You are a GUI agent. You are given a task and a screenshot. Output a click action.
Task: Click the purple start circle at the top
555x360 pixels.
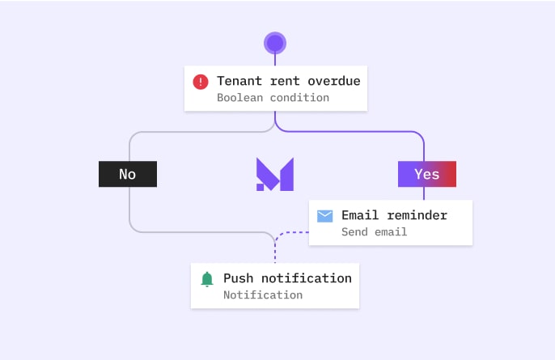pos(275,43)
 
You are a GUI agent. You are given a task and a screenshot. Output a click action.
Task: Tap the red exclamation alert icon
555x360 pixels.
pos(201,82)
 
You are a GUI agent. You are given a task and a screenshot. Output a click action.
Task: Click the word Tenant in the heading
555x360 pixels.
pos(239,81)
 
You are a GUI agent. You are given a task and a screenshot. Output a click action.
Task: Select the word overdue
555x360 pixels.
pos(334,81)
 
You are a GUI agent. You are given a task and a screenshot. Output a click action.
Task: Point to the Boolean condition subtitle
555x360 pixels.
pos(273,98)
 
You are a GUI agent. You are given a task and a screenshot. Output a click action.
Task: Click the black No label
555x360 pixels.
pos(128,174)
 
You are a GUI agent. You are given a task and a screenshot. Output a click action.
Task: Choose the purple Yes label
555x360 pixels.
pos(427,174)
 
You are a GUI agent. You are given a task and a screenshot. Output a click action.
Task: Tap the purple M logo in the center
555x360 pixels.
pos(275,174)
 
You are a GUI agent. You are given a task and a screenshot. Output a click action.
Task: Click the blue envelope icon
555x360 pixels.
pos(324,216)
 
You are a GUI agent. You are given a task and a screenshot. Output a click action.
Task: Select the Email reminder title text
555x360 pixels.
pos(394,215)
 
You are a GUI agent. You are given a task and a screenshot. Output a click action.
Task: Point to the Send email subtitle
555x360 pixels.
pos(374,232)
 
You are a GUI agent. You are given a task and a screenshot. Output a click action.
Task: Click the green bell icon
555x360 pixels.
pos(207,279)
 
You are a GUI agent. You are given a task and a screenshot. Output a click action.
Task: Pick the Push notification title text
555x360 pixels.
pos(287,278)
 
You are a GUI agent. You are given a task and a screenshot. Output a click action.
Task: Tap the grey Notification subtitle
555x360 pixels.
pos(263,294)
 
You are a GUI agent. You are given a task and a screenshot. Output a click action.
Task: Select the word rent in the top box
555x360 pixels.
pos(285,81)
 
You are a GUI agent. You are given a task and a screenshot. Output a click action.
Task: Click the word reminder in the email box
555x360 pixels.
pos(417,215)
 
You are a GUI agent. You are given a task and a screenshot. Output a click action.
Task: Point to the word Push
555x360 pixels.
pos(238,278)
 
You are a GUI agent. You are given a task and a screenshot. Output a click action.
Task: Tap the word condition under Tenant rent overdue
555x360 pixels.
pos(299,98)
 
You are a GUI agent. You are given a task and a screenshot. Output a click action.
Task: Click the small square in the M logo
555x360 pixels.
pos(261,187)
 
